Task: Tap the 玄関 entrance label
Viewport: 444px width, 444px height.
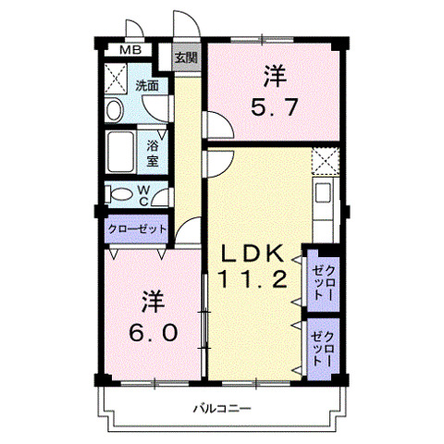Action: [186, 57]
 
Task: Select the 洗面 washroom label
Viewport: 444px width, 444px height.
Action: [147, 85]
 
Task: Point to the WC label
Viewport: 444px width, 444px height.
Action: [145, 194]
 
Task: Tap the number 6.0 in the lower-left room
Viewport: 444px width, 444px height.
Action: [153, 330]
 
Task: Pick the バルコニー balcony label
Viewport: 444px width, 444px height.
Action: [223, 408]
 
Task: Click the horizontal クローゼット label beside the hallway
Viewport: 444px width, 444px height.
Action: [137, 228]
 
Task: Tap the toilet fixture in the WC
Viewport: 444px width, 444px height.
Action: [120, 195]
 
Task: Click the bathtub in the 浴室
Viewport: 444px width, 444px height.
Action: [121, 151]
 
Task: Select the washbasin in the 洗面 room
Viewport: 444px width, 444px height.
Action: [114, 111]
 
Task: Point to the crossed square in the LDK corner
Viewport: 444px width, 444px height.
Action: [324, 162]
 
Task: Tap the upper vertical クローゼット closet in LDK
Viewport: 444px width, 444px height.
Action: [321, 277]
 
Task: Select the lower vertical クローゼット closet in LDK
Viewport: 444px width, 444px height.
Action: [321, 348]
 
